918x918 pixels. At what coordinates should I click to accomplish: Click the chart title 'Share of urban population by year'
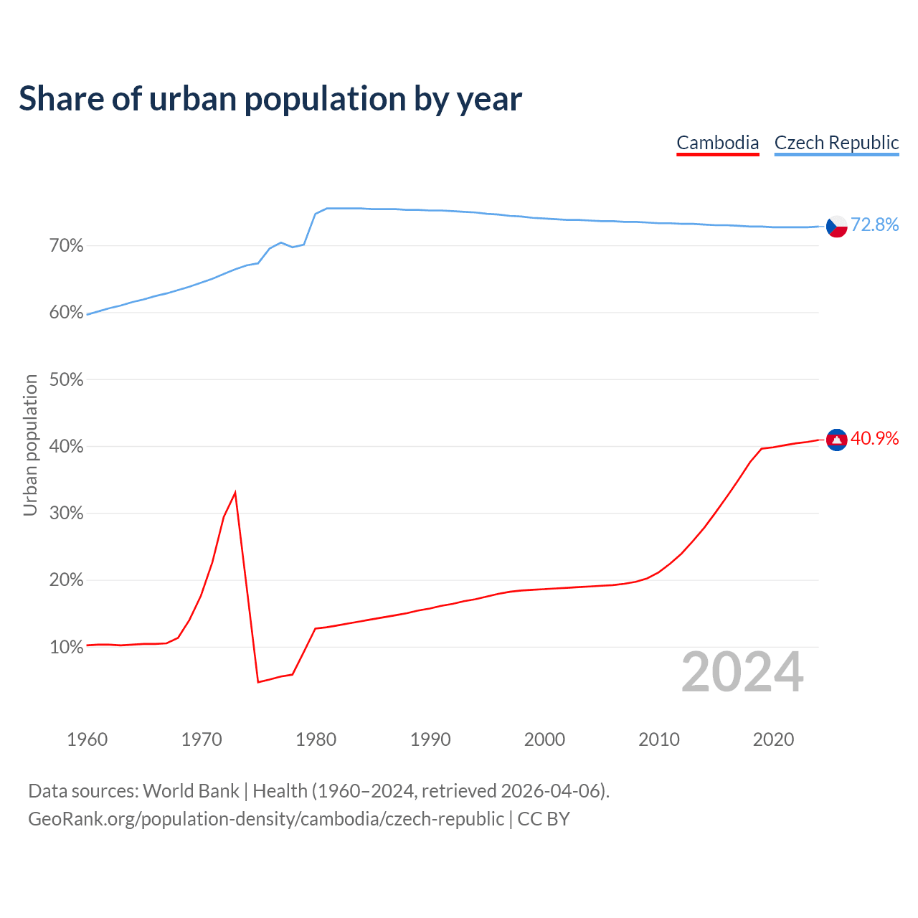coord(270,99)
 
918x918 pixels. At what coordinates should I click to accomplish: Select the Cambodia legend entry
coord(718,143)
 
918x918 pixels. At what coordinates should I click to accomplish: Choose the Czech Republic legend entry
coord(836,143)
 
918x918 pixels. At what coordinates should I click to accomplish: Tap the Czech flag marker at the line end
coord(837,226)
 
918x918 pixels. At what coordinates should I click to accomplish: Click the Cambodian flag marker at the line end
coord(837,440)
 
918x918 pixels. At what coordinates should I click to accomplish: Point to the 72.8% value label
coord(874,225)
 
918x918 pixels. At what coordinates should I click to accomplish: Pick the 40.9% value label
coord(874,438)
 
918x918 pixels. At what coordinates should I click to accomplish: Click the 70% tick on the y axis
coord(67,246)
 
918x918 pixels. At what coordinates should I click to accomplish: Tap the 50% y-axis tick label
coord(67,379)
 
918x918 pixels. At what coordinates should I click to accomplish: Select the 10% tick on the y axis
coord(67,647)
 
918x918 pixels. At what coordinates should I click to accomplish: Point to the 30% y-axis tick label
coord(67,514)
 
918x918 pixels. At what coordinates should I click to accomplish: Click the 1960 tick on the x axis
coord(87,739)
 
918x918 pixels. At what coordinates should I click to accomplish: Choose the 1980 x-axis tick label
coord(316,739)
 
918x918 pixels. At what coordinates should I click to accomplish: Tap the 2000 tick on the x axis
coord(544,739)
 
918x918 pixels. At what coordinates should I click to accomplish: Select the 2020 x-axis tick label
coord(773,739)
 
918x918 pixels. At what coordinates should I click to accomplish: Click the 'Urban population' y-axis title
coord(30,445)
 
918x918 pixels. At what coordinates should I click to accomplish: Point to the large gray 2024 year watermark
coord(742,673)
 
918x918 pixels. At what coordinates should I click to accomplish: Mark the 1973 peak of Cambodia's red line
coord(235,493)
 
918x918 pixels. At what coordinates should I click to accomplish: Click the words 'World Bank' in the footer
coord(191,791)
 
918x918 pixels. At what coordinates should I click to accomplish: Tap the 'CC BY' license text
coord(544,819)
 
